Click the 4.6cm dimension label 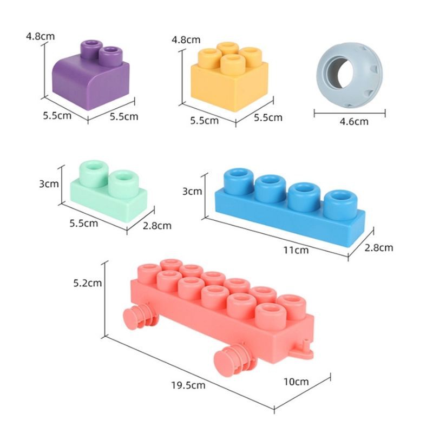coord(354,121)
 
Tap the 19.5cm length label coord(188,385)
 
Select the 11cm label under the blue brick coord(296,250)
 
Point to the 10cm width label coord(296,382)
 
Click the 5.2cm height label coord(87,283)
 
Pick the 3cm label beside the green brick coord(49,184)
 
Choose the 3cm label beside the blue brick coord(192,192)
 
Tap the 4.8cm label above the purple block coord(40,36)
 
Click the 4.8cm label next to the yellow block coord(186,40)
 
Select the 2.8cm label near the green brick coord(157,226)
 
